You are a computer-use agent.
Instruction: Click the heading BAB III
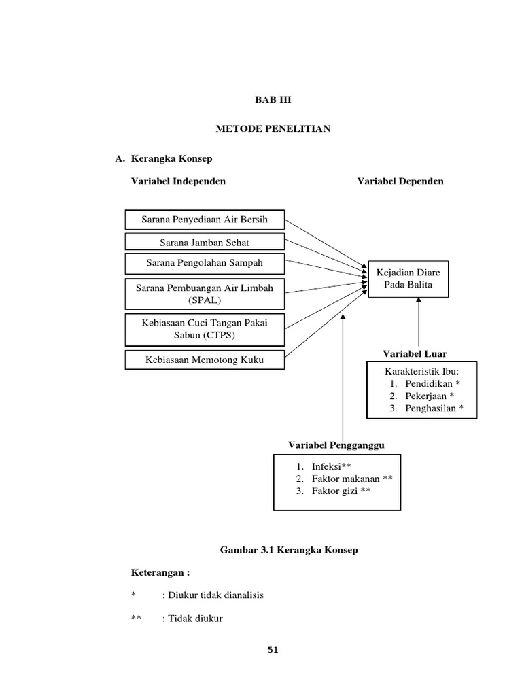(x=272, y=99)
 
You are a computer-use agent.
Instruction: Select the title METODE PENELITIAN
(x=273, y=128)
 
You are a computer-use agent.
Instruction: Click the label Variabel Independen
(x=178, y=181)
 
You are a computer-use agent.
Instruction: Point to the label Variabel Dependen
(x=400, y=181)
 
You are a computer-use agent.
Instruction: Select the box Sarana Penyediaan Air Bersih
(x=205, y=220)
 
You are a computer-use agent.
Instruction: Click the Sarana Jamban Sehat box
(x=205, y=241)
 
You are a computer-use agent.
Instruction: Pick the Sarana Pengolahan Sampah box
(x=205, y=262)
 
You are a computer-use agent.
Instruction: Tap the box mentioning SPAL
(x=205, y=294)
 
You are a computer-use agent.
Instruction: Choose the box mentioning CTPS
(x=205, y=329)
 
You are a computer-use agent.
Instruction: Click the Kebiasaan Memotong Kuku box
(x=205, y=360)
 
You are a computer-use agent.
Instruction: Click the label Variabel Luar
(x=415, y=353)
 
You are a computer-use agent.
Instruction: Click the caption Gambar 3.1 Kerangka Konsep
(x=289, y=550)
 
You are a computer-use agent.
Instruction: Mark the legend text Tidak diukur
(x=192, y=619)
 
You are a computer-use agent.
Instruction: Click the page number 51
(x=273, y=650)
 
